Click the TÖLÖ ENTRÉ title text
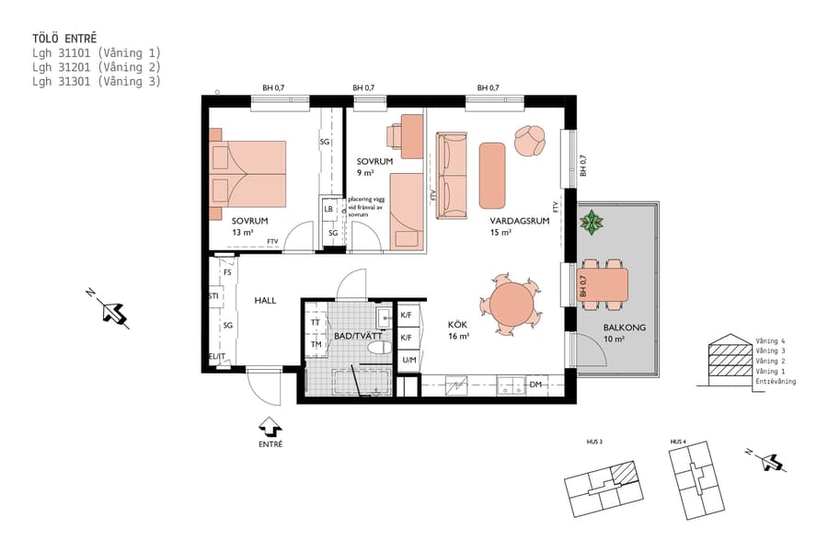(63, 38)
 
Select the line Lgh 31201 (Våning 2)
(96, 67)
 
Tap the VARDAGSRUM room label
(512, 222)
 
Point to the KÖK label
(458, 325)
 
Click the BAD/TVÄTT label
(358, 337)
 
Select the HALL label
(265, 301)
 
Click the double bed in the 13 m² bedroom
(248, 173)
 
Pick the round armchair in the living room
(530, 141)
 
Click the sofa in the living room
(452, 176)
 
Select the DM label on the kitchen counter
(535, 385)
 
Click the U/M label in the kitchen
(408, 360)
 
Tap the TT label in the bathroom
(316, 323)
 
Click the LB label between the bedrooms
(328, 209)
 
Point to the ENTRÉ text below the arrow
(270, 444)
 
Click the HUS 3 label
(594, 443)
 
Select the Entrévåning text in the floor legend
(776, 381)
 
